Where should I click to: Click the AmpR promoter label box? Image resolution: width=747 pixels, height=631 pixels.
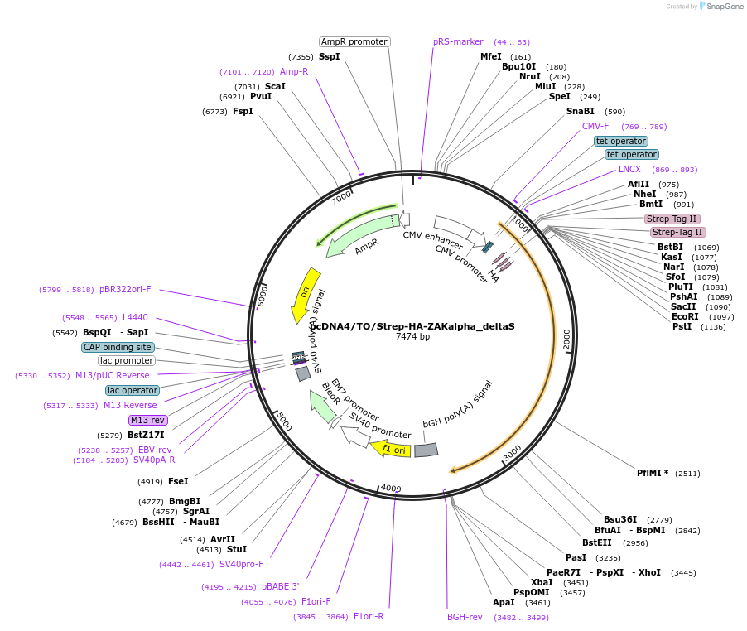(x=354, y=41)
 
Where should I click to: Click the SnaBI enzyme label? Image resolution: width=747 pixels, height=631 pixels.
(x=581, y=111)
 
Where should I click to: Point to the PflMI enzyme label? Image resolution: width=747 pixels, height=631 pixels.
(x=653, y=473)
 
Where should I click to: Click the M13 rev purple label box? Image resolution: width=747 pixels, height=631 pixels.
(x=147, y=420)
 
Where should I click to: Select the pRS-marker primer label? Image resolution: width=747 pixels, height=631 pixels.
(x=458, y=41)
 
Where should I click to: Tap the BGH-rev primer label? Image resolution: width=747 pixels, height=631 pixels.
(x=465, y=617)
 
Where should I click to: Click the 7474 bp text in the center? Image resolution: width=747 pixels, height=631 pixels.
(x=412, y=337)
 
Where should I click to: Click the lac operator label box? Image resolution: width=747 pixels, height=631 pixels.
(x=133, y=390)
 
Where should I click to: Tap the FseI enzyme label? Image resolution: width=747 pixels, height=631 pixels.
(x=178, y=481)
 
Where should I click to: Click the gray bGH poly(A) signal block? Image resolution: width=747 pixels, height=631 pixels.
(x=426, y=450)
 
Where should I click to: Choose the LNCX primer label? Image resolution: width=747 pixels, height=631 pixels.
(x=629, y=169)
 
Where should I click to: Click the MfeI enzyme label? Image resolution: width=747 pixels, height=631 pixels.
(x=491, y=56)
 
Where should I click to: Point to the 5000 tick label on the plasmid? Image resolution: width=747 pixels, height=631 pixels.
(x=284, y=421)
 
